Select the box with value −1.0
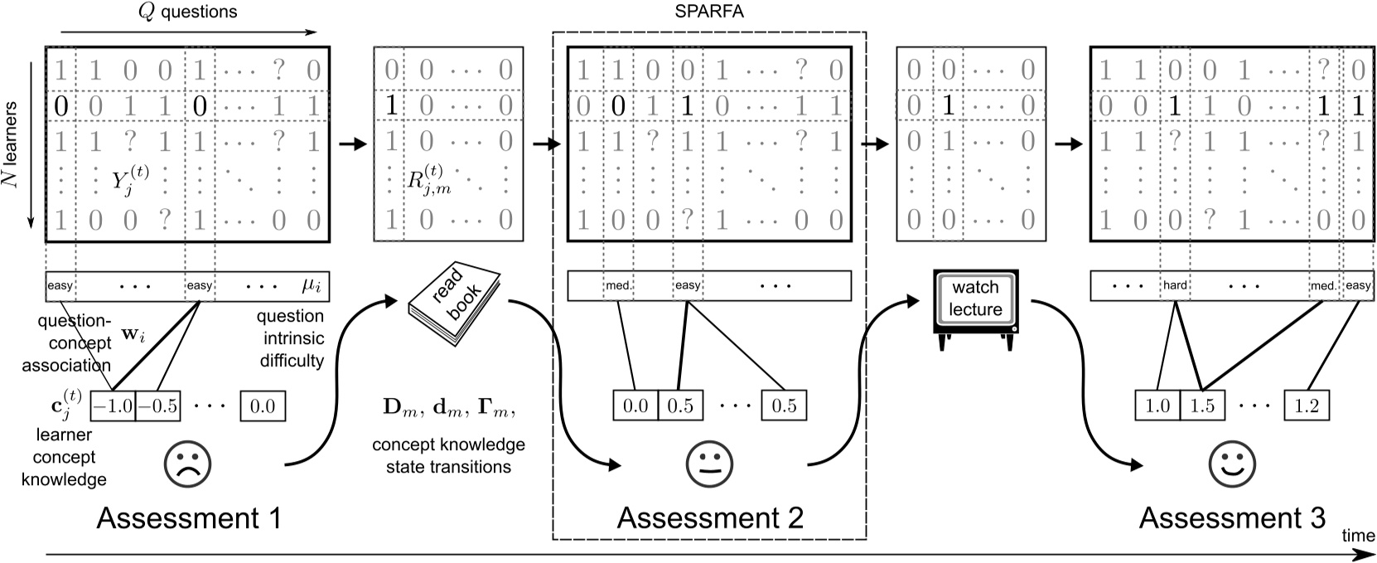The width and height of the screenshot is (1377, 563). coord(112,406)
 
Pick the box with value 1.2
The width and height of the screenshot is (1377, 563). coord(1307,405)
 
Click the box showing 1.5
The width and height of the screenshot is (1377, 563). coord(1202,405)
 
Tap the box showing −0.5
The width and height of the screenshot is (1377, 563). coord(157,406)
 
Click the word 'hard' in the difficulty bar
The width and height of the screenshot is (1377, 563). coord(1175,285)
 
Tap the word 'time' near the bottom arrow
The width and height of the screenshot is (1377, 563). coord(1357,536)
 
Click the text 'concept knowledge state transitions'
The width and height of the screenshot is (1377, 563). coord(448,455)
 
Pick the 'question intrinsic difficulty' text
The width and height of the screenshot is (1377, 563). coord(290,338)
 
